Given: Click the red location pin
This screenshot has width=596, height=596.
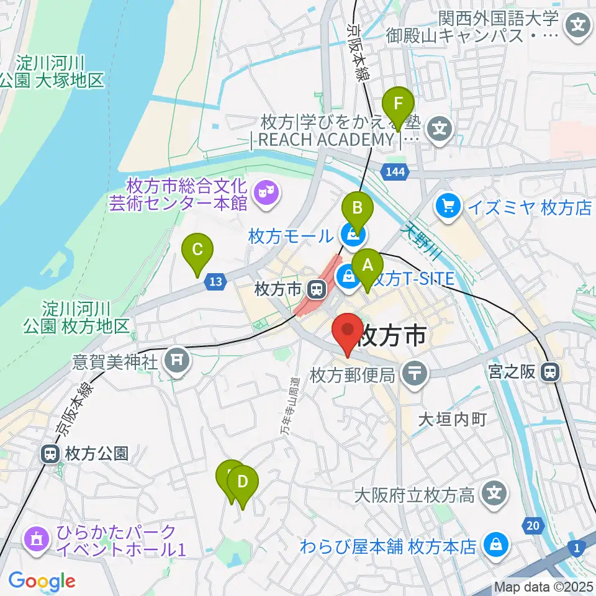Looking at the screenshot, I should pyautogui.click(x=348, y=333).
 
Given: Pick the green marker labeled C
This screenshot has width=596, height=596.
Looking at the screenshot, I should pyautogui.click(x=197, y=252).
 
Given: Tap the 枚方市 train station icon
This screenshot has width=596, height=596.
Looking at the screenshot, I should pyautogui.click(x=317, y=289).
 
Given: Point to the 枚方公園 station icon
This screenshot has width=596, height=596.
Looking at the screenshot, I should pyautogui.click(x=50, y=454).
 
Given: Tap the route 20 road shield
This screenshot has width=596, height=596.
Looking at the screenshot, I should pyautogui.click(x=531, y=526).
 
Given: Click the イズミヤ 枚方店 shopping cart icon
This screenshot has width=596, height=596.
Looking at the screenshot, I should pyautogui.click(x=447, y=207).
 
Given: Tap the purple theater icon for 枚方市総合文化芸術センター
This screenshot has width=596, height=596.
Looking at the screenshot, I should pyautogui.click(x=268, y=193).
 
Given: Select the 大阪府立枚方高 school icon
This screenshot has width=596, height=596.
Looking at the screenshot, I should pyautogui.click(x=495, y=495).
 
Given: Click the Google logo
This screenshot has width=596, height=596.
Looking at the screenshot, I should pyautogui.click(x=42, y=581).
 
